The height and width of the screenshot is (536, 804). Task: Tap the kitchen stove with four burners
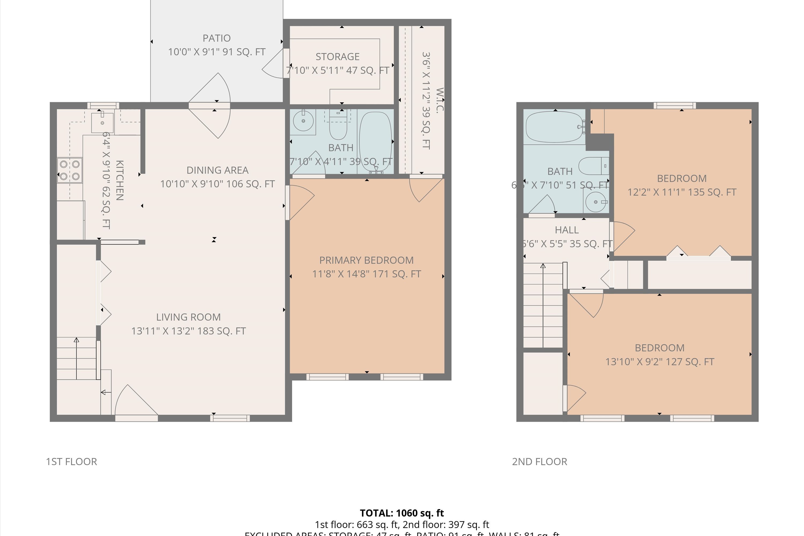(x=70, y=170)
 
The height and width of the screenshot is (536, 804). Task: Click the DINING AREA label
(x=217, y=170)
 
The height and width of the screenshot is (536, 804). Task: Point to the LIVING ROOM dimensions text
(x=188, y=331)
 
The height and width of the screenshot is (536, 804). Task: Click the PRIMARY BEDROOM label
(x=366, y=260)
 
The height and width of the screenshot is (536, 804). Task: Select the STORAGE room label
(x=337, y=56)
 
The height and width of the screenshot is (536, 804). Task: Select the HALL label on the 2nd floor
(x=567, y=230)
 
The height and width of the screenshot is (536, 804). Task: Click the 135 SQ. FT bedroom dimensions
(x=682, y=192)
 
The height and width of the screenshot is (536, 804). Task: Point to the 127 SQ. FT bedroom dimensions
(x=659, y=362)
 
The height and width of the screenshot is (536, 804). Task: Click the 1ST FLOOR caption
(x=72, y=461)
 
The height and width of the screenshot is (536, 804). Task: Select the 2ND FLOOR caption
(x=539, y=461)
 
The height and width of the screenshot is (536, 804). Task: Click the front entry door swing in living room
(x=135, y=402)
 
